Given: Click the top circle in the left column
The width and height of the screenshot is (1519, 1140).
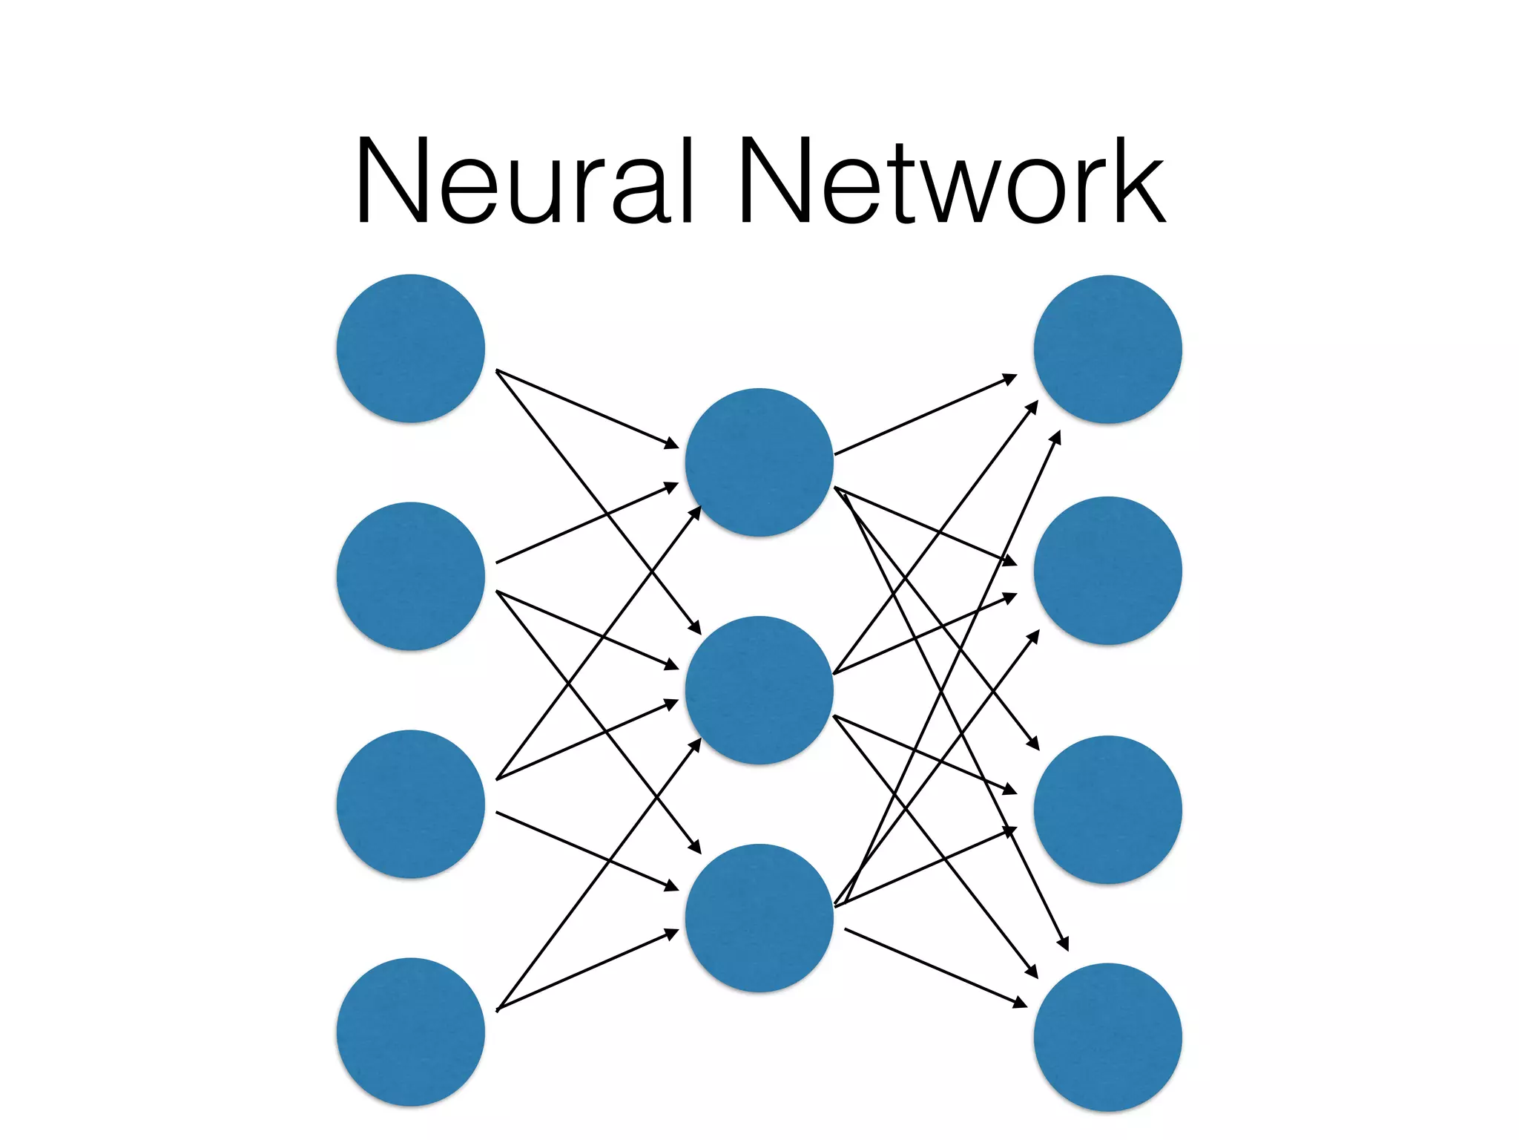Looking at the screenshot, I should click(x=410, y=349).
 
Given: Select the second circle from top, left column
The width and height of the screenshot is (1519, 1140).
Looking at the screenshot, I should click(x=410, y=577).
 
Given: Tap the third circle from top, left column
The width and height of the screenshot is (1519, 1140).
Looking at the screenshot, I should click(x=410, y=805).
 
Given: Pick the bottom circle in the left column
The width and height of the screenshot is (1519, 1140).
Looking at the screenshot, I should click(x=410, y=1032).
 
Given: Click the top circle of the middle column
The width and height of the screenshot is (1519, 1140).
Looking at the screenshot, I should click(x=759, y=462).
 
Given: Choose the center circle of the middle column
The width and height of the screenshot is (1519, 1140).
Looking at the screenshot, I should click(x=759, y=690).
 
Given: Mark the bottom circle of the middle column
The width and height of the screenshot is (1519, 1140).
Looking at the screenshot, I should click(x=759, y=918).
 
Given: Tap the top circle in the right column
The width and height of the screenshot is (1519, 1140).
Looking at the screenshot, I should click(x=1107, y=350).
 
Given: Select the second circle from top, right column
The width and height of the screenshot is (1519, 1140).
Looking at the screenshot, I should click(x=1107, y=571).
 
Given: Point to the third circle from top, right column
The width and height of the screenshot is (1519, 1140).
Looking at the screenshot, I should click(x=1107, y=810).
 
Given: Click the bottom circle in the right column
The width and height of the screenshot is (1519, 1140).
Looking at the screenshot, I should click(x=1107, y=1038).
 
